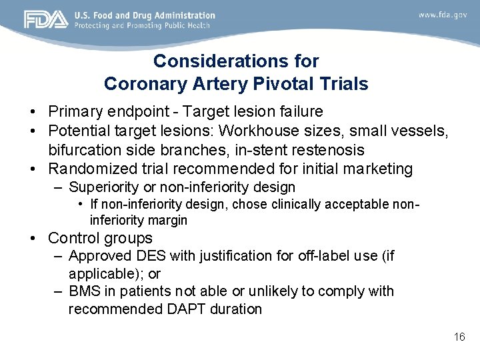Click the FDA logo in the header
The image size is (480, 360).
pyautogui.click(x=46, y=19)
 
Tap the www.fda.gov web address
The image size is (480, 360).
pyautogui.click(x=443, y=15)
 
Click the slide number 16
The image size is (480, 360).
pyautogui.click(x=459, y=337)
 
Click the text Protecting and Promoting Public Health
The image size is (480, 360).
pyautogui.click(x=142, y=25)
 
